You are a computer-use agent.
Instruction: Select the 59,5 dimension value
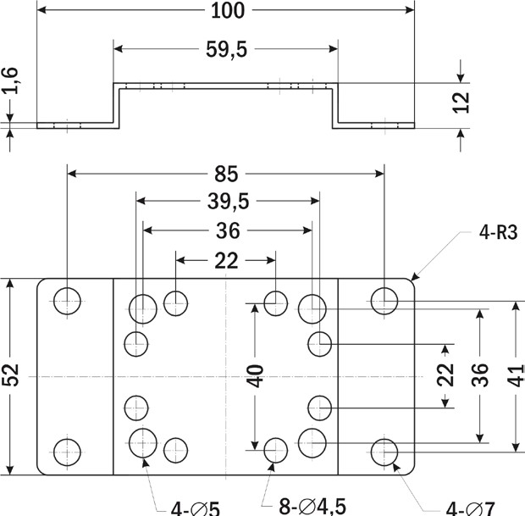225,50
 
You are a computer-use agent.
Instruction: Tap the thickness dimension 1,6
10,85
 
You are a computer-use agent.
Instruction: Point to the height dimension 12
461,103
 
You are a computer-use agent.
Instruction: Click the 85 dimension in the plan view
225,175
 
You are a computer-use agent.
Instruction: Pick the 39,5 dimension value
227,202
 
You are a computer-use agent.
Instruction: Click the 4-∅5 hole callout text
195,508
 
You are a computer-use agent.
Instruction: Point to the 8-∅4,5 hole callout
312,506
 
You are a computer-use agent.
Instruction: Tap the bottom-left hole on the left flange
67,450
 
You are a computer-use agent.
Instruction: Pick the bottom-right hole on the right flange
384,450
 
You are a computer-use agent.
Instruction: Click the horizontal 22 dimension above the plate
226,261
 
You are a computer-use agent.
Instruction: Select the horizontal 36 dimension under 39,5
227,230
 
